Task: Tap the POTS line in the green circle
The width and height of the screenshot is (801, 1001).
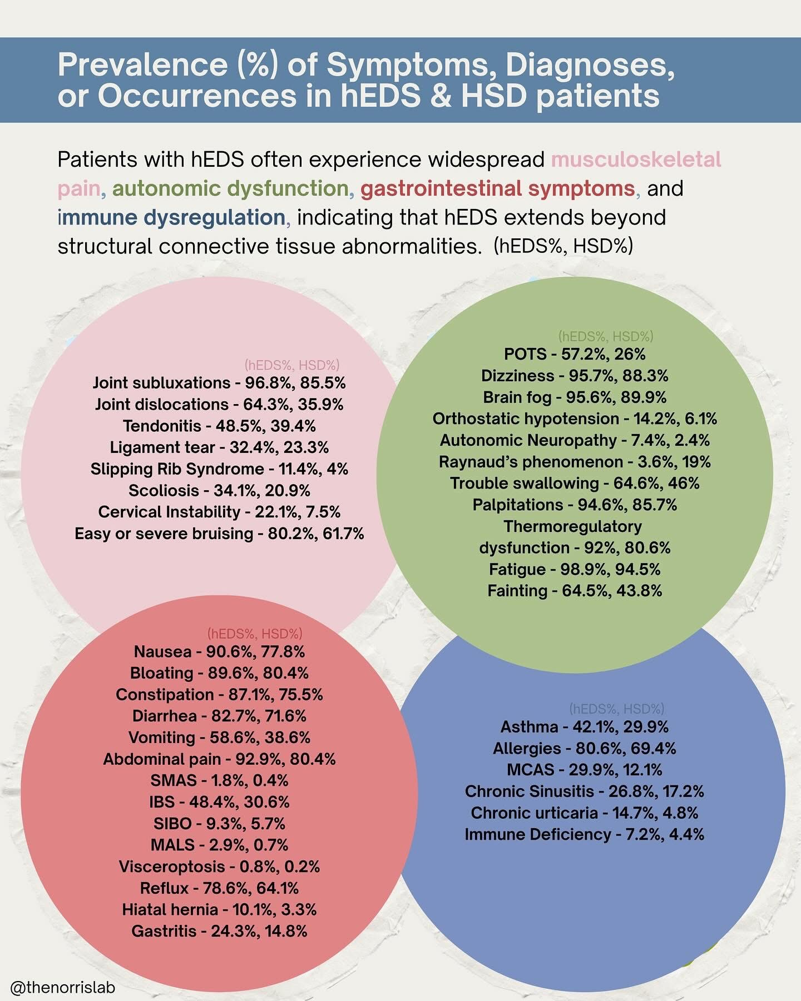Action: (575, 354)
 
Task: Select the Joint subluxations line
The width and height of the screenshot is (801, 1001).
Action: (219, 383)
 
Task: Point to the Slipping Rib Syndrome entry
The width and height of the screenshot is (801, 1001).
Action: (219, 469)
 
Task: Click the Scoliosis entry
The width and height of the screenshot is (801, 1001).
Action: (219, 491)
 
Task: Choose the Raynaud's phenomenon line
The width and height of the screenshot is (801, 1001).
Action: (575, 462)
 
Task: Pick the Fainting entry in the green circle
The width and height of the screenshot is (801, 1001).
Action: (575, 591)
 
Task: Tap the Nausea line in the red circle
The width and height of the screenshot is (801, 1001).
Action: (219, 651)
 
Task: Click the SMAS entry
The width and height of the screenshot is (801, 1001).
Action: (219, 780)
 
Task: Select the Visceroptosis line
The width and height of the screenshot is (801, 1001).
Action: (219, 866)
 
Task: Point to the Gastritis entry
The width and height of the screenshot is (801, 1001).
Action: (219, 931)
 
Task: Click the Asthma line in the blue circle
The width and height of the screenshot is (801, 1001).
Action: (584, 727)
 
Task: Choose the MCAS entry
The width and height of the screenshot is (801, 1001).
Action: (584, 770)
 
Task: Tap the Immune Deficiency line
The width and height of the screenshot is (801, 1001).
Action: (584, 834)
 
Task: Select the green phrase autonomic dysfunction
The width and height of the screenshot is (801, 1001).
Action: (230, 189)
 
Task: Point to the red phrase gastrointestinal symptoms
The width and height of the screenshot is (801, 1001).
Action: (498, 189)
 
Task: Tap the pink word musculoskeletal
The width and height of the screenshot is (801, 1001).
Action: (636, 160)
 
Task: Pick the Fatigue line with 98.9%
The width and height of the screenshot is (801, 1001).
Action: (575, 569)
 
